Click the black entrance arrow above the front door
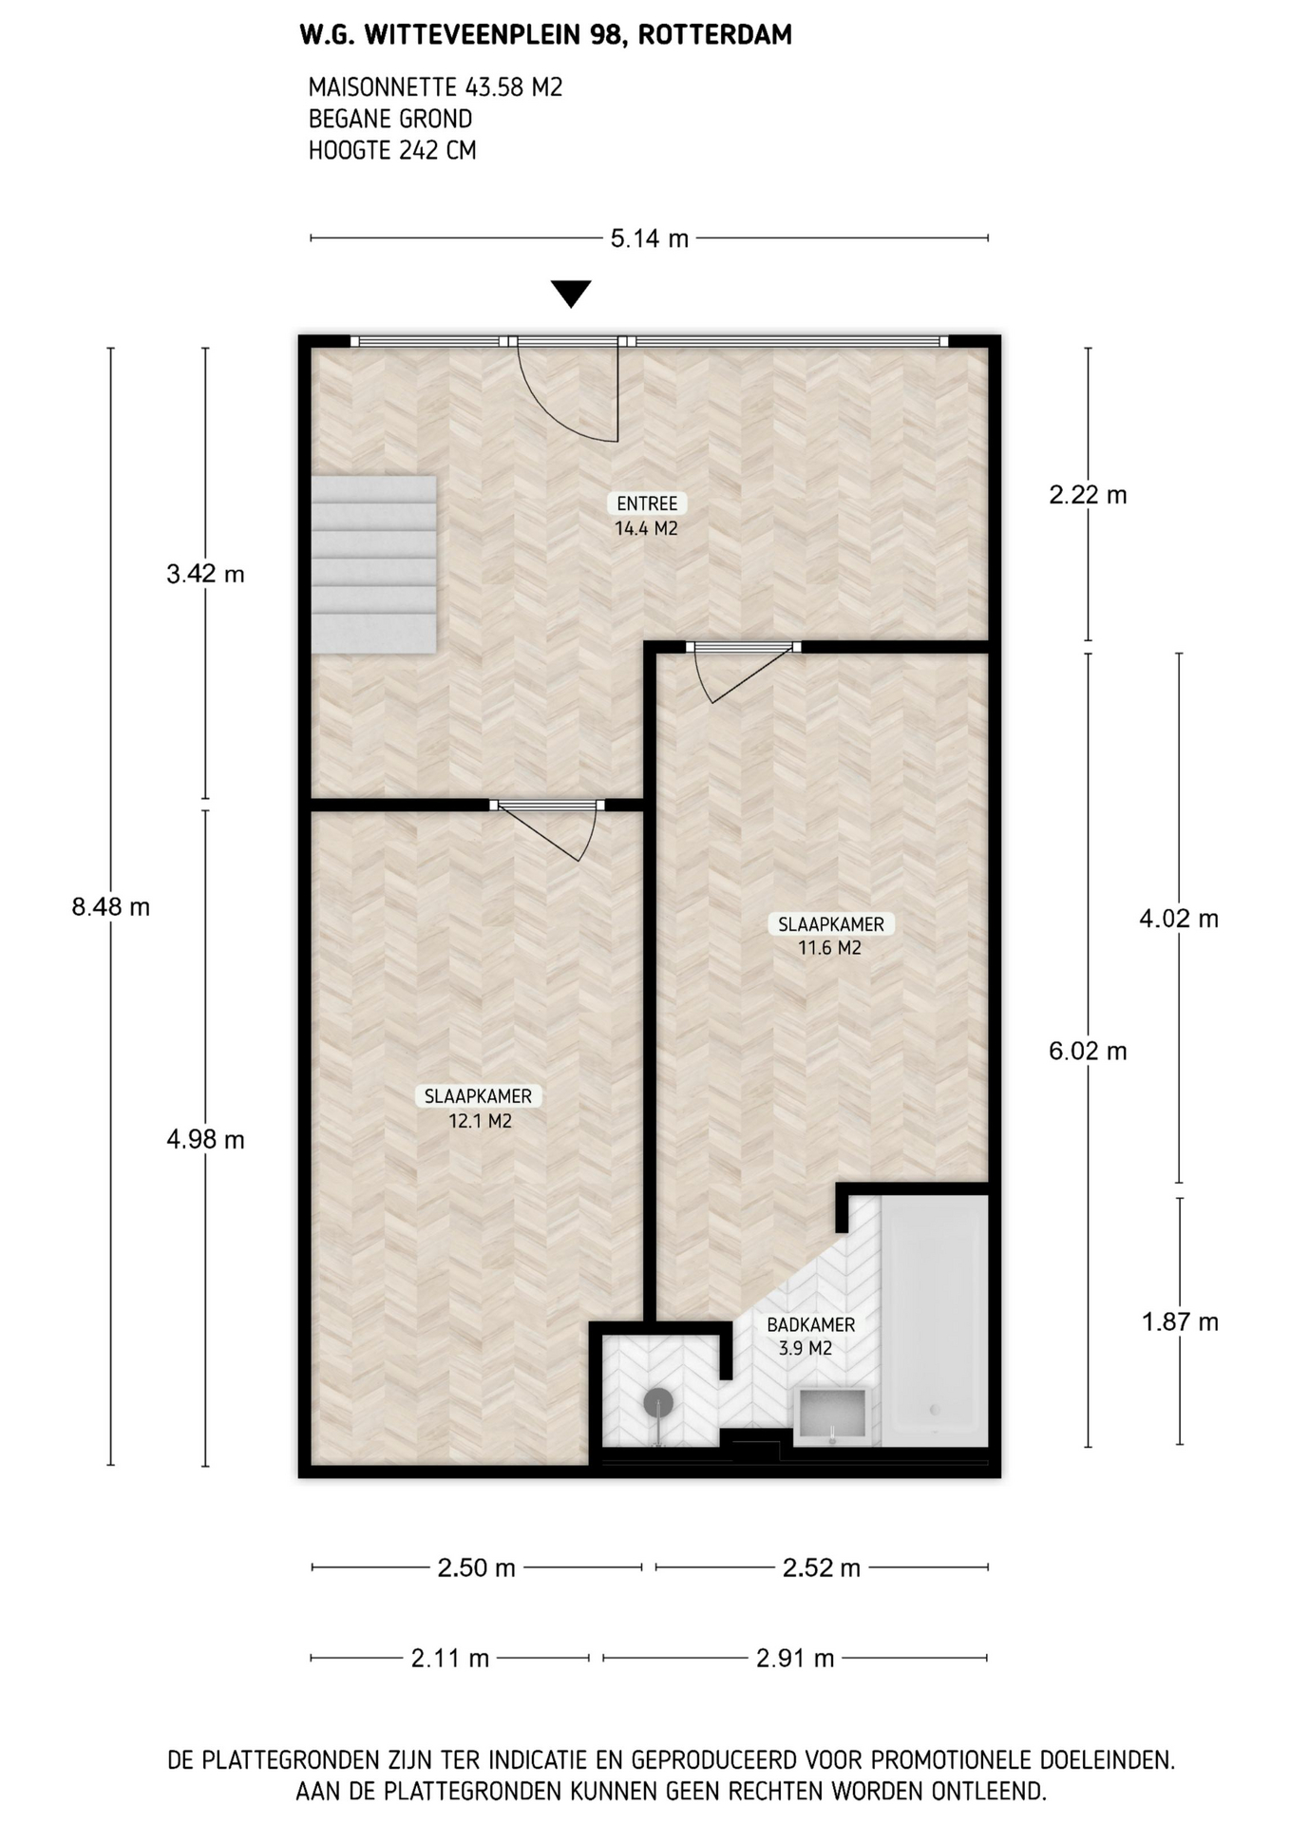tap(571, 294)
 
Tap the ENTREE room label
tap(647, 503)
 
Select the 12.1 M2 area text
tap(480, 1121)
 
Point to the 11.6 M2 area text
tap(829, 947)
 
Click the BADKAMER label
tap(810, 1324)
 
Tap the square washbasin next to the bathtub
tap(832, 1415)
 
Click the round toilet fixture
tap(657, 1402)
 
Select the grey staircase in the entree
tap(373, 564)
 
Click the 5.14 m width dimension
tap(649, 238)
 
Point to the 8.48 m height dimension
tap(111, 906)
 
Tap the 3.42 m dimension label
tap(205, 574)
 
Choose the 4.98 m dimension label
tap(205, 1139)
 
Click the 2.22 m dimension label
tap(1088, 495)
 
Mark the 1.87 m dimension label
tap(1180, 1322)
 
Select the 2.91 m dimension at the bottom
tap(795, 1659)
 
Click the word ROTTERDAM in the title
tap(714, 35)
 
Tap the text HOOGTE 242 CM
tap(392, 150)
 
